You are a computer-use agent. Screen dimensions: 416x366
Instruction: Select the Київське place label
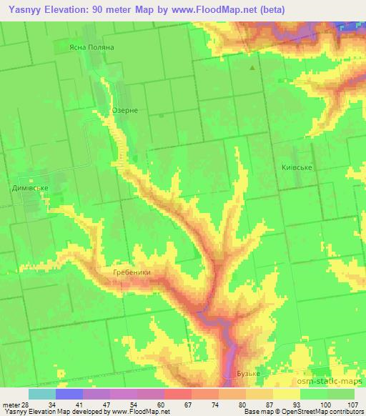click(x=297, y=167)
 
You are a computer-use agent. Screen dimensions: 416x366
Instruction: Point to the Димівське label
click(x=30, y=188)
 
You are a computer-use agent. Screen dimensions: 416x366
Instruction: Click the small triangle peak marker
click(x=252, y=68)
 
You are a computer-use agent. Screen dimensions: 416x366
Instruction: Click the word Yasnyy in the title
click(x=21, y=9)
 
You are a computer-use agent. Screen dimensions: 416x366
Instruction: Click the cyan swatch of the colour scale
click(x=42, y=393)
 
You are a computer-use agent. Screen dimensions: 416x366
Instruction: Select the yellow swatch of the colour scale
click(x=287, y=393)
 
